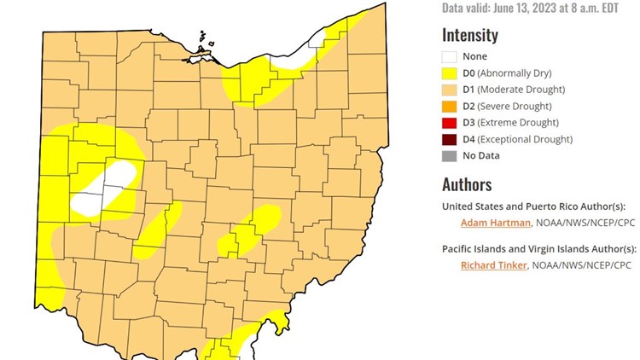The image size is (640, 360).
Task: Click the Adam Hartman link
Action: [x=496, y=224]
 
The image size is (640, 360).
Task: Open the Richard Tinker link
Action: [x=494, y=265]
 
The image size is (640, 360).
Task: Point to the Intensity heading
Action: [x=470, y=35]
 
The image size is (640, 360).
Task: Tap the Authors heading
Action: [x=467, y=184]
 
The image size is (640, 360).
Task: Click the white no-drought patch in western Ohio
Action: [x=107, y=188]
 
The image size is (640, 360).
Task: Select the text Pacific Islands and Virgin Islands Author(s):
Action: [x=538, y=248]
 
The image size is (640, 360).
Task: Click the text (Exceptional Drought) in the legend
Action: [x=525, y=139]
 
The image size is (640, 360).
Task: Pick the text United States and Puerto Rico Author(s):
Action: [x=534, y=206]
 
